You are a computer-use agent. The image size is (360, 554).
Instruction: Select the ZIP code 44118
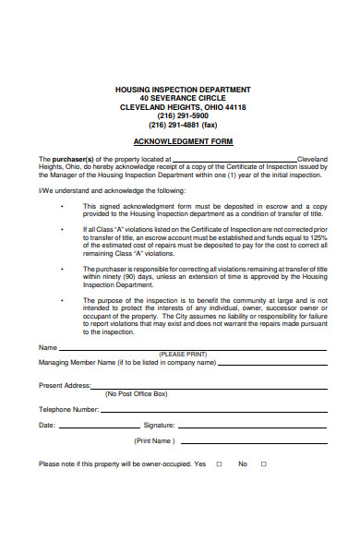(234, 107)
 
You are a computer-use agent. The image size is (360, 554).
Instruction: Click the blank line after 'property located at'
(234, 161)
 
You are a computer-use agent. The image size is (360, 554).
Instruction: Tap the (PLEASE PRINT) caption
(183, 355)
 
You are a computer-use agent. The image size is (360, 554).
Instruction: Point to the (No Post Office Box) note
(136, 393)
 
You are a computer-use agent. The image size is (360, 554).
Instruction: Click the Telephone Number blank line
(212, 410)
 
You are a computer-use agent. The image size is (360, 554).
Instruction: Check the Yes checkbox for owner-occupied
(219, 464)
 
